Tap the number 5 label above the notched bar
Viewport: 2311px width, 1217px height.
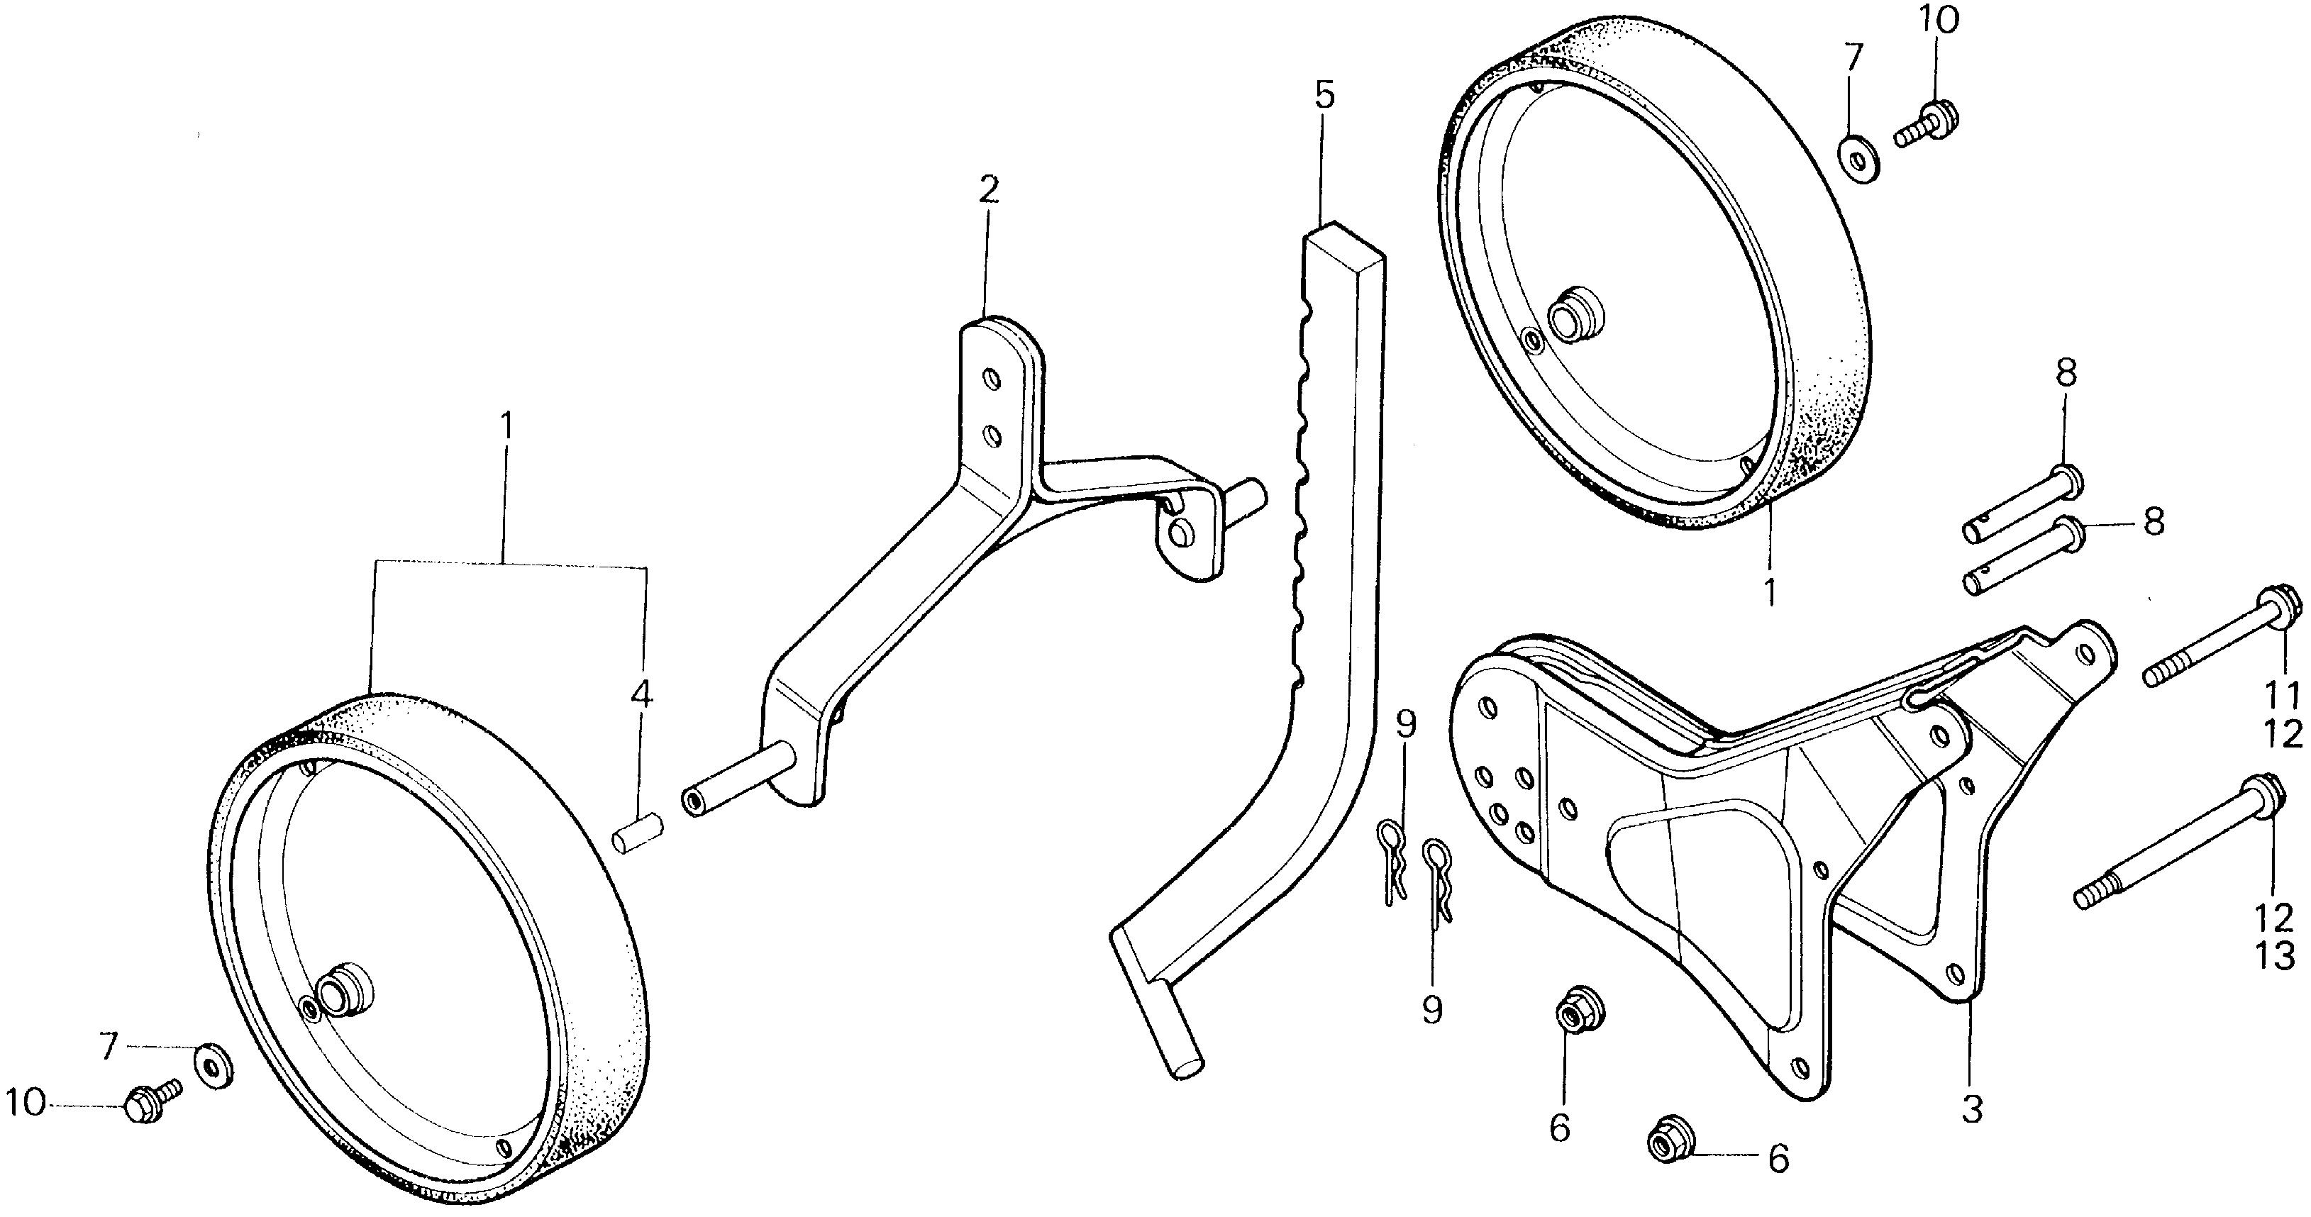(x=1325, y=95)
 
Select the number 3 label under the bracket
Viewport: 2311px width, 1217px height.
(x=1971, y=1108)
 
